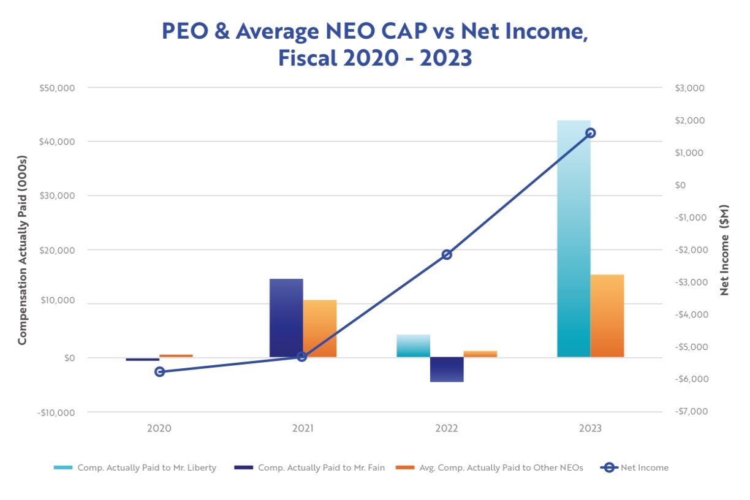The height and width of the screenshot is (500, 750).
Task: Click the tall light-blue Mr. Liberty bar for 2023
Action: click(x=574, y=239)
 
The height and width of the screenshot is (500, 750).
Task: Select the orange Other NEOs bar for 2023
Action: click(x=607, y=316)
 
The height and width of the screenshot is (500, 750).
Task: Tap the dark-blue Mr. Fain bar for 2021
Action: click(x=286, y=318)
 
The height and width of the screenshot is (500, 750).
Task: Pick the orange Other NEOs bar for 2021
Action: click(x=320, y=328)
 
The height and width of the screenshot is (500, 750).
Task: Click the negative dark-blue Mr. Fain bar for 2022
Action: click(x=447, y=369)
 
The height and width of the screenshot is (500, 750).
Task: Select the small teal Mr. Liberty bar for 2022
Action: click(x=414, y=346)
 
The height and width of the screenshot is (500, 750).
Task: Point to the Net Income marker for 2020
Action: click(x=160, y=371)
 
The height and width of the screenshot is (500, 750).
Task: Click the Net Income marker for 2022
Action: click(x=447, y=254)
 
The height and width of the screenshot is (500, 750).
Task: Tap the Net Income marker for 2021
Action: click(x=302, y=356)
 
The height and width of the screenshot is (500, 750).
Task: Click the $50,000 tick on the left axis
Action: click(x=56, y=88)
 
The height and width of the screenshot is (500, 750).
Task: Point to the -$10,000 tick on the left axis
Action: click(x=55, y=412)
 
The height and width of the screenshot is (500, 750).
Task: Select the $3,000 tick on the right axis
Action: click(x=689, y=88)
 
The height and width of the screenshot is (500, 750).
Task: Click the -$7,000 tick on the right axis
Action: click(x=689, y=411)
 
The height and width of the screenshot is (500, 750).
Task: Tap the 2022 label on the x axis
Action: click(x=447, y=428)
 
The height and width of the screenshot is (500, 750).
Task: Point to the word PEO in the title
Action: click(x=181, y=31)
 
